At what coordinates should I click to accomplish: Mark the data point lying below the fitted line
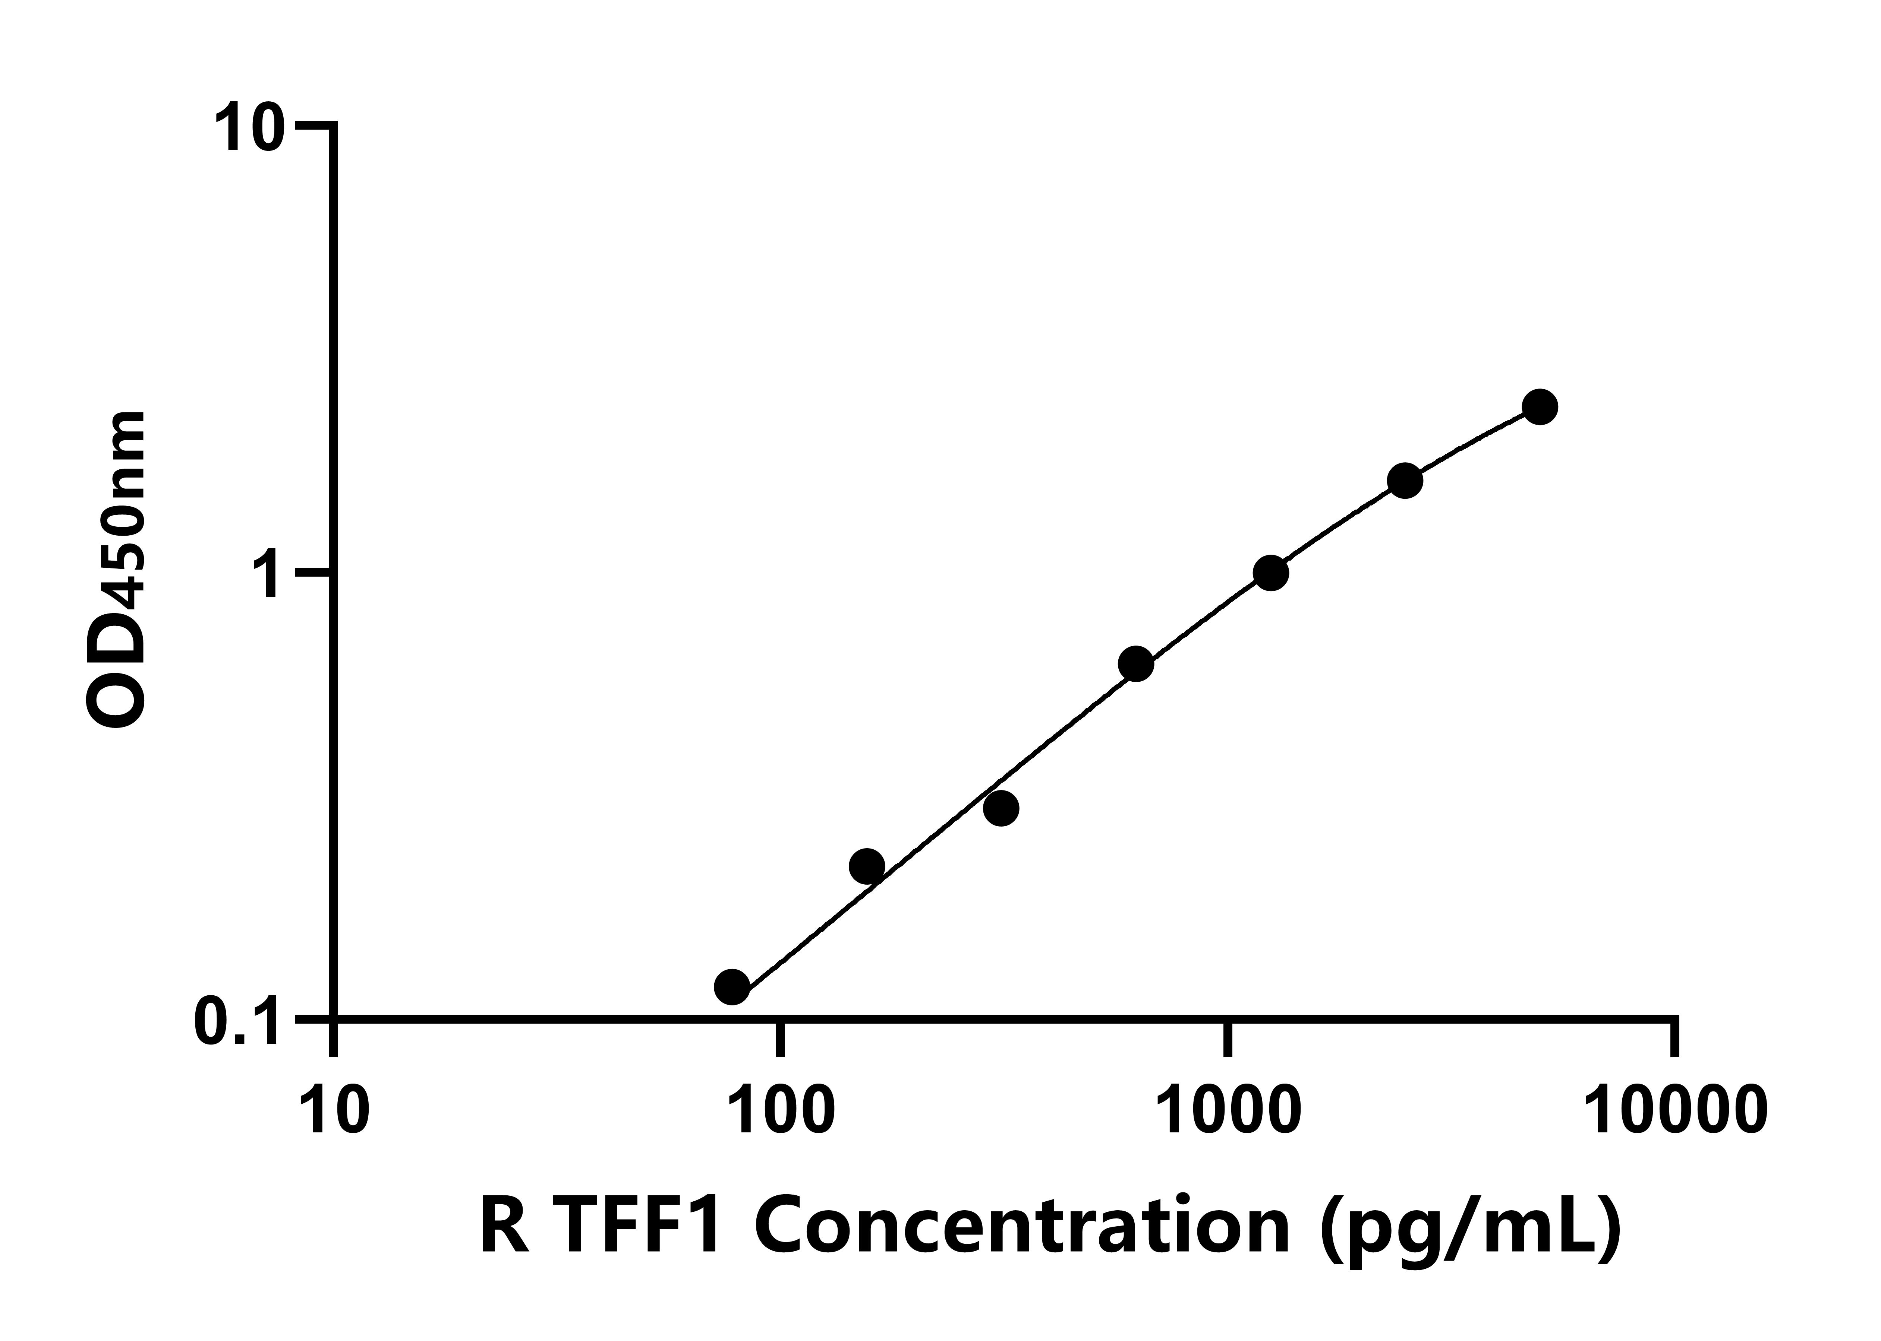pos(1001,808)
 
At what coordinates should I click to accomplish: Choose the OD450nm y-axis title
pos(116,570)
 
